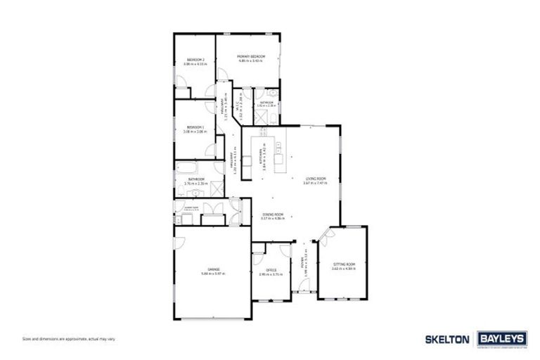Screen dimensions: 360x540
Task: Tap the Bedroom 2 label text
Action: [194, 60]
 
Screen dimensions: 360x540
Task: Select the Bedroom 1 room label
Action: [194, 127]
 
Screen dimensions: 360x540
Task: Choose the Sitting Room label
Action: [345, 264]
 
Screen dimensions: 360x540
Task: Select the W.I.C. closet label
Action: [239, 105]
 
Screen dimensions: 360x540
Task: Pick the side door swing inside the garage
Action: [181, 241]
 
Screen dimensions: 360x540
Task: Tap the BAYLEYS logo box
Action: [501, 339]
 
